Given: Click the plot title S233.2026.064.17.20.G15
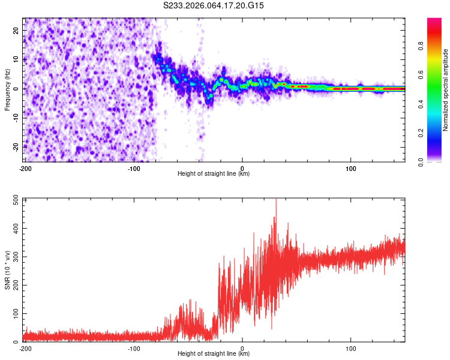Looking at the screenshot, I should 214,5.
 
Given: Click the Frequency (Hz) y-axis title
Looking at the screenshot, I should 7,90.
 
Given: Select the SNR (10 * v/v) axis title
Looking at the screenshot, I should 7,270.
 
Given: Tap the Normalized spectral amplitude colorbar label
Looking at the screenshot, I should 446,90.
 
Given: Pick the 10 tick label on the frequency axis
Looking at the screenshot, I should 16,59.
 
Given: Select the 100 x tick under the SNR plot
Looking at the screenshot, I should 351,348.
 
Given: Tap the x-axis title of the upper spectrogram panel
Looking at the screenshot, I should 214,174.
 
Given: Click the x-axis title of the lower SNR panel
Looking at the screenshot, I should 214,354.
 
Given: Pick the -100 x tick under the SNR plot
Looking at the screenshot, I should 133,348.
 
